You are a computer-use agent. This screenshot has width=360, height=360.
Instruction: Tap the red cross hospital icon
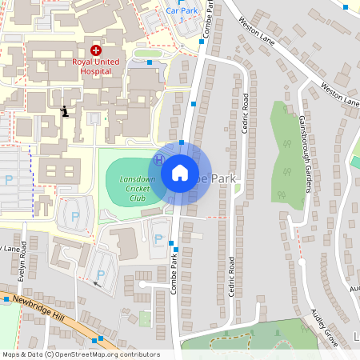pos(96,50)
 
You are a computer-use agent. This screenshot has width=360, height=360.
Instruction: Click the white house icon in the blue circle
pos(180,172)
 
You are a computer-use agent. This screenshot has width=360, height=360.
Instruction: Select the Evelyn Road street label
pos(25,268)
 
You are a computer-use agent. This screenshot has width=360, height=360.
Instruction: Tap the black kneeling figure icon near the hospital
pos(64,110)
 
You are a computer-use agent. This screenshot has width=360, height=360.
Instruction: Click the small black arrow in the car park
pos(98,282)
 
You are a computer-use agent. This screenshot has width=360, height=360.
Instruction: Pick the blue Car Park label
pos(182,10)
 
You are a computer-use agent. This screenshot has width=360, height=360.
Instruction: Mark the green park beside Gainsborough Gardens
pos(285,160)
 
